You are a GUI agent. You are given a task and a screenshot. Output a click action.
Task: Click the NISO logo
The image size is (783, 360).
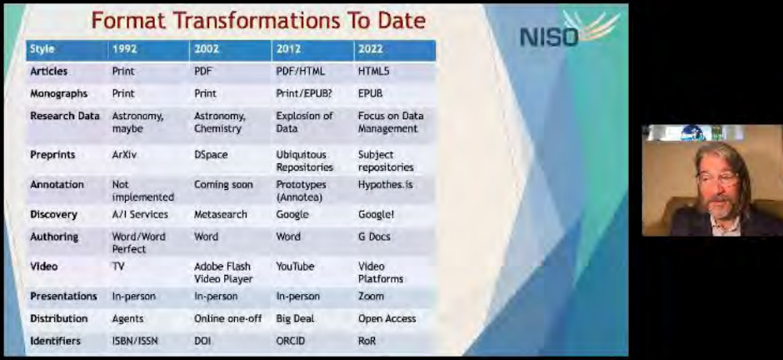coord(569,29)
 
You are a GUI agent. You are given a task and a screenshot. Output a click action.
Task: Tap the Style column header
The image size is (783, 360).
coord(42,49)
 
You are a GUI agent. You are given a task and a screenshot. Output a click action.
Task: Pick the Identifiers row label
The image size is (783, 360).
coord(55,341)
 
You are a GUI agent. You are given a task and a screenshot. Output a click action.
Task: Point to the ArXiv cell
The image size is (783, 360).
coord(124,155)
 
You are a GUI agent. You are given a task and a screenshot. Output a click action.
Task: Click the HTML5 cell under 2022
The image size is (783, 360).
coord(373,72)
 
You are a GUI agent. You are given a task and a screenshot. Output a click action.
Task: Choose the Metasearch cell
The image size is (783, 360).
coord(220,214)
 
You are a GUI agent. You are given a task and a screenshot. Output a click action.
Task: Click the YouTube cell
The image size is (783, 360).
coord(295,267)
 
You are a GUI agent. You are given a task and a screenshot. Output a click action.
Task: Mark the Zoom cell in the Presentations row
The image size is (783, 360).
coord(371,296)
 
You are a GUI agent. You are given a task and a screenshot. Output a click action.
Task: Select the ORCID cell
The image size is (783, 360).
coord(290,341)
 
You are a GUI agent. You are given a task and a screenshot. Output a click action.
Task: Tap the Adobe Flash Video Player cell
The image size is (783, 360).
coord(223,272)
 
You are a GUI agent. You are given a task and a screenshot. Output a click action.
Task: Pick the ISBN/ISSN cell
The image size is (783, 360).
coord(134,341)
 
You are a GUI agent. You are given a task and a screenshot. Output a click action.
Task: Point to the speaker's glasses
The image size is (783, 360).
coord(719,177)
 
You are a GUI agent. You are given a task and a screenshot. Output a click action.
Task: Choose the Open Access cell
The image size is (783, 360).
coord(387,318)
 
